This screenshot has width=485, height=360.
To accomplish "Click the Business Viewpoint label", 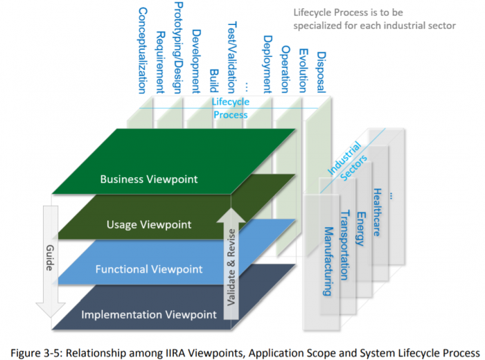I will coord(149,179).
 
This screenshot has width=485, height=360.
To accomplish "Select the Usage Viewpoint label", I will coord(149,224).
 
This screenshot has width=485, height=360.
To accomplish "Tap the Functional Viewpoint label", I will coord(149,269).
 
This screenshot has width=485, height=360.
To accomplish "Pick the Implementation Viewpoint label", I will coord(149,314).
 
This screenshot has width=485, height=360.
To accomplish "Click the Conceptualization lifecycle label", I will coord(143,50).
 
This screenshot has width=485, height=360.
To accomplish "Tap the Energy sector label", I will coord(360,226).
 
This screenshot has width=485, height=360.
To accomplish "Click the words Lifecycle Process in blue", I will coord(230,108).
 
